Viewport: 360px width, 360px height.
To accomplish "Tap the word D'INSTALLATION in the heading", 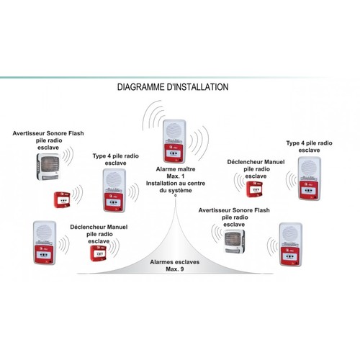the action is tap(197, 87).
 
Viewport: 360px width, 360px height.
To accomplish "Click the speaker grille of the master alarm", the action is tap(174, 131).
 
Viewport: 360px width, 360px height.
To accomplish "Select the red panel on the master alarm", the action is tap(174, 153).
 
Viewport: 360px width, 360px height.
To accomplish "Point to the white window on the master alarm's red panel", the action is tap(174, 153).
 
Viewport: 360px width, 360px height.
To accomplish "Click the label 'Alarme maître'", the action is tap(176, 169).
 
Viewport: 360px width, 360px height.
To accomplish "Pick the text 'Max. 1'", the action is tap(176, 176).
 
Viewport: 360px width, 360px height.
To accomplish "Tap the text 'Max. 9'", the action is tap(175, 269).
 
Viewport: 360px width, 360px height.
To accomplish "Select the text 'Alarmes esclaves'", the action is tap(175, 262).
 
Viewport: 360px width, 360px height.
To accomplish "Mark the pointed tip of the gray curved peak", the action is tap(176, 197).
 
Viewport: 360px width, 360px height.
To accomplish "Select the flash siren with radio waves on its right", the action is tap(48, 167).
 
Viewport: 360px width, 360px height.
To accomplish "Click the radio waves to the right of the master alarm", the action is tap(199, 141).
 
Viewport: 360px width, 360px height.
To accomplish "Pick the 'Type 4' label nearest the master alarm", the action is tap(116, 159).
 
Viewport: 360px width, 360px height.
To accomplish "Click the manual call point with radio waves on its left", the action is tap(255, 189).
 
